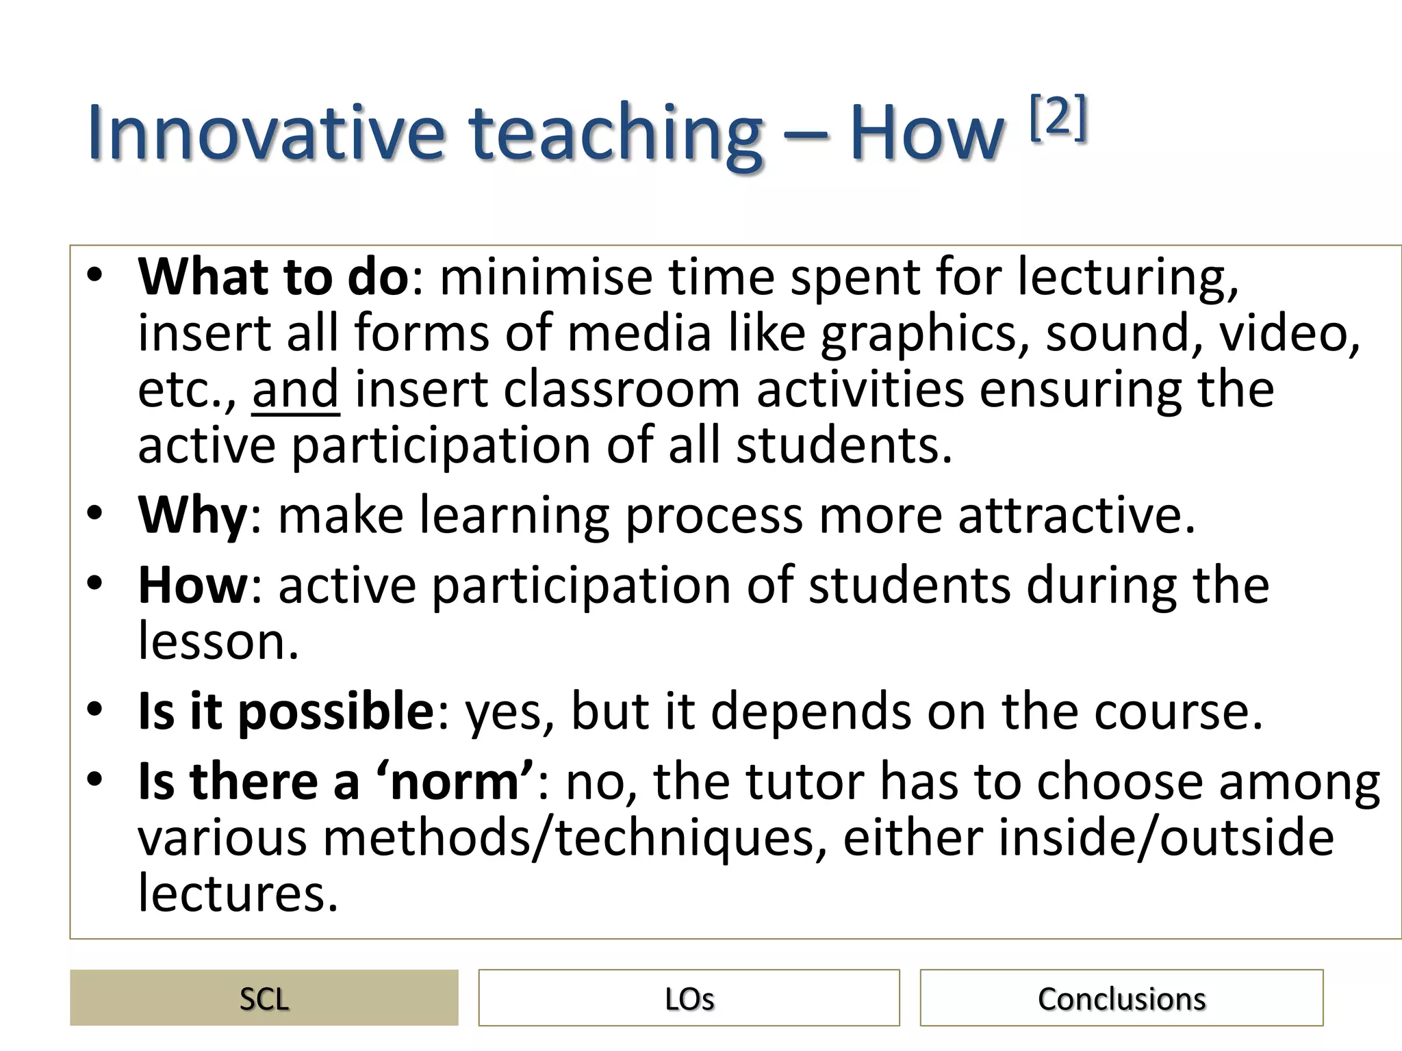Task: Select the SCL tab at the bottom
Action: coord(264,998)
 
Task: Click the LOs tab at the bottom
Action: coord(689,998)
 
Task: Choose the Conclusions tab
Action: coord(1121,998)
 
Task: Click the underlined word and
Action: coord(295,389)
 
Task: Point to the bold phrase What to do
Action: coord(273,276)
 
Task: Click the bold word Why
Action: coord(192,515)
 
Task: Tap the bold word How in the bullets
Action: coord(192,586)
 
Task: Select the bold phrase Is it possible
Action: coord(285,712)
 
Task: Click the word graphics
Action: coord(924,334)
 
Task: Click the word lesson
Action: coord(218,642)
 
